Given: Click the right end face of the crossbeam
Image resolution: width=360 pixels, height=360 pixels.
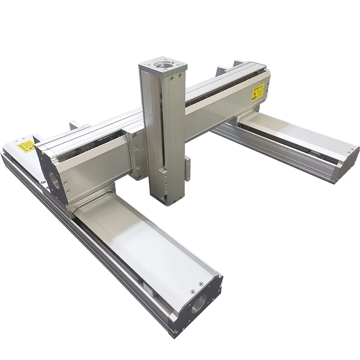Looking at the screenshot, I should [x=269, y=90].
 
